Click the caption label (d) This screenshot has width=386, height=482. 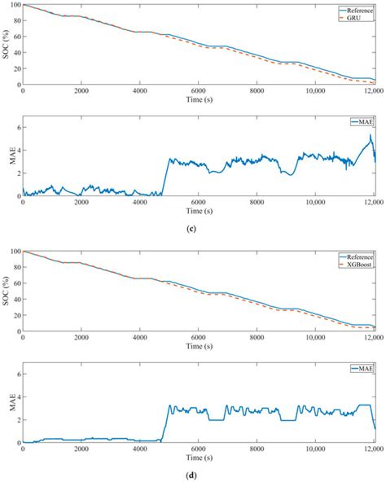(x=198, y=471)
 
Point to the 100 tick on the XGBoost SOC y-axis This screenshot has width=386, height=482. (x=14, y=252)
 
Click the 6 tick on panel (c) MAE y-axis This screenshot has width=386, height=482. (x=17, y=119)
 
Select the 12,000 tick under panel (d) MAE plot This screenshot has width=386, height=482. (x=373, y=449)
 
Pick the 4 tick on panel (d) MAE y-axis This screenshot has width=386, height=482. (x=17, y=397)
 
